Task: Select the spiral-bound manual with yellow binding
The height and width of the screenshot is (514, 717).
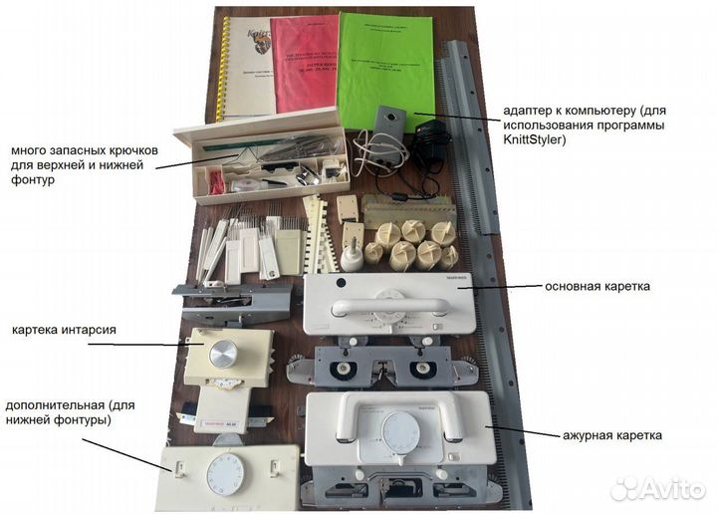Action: pos(246,65)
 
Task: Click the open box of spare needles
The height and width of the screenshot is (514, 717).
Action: pos(261,159)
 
